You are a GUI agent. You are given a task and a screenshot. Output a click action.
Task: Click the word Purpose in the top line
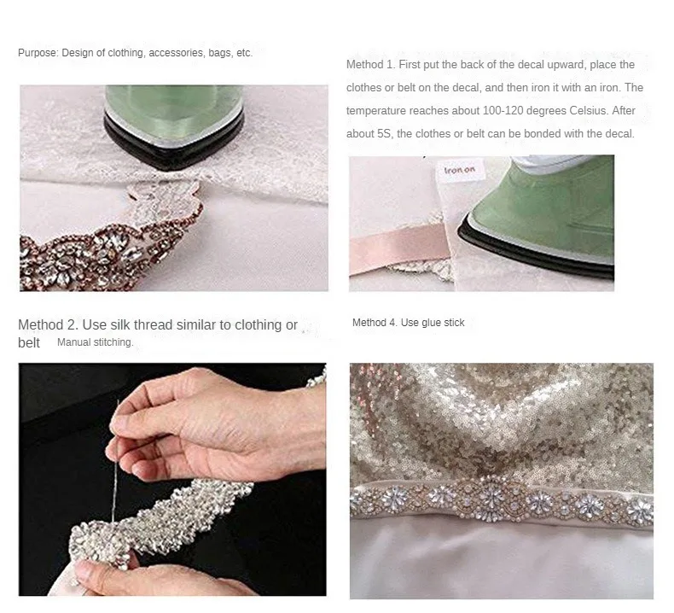pyautogui.click(x=38, y=53)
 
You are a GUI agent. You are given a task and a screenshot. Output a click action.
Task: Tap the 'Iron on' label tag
pyautogui.click(x=460, y=170)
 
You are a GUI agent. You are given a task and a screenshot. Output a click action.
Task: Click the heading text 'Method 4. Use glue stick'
pyautogui.click(x=409, y=323)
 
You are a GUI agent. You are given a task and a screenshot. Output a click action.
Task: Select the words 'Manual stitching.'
pyautogui.click(x=96, y=342)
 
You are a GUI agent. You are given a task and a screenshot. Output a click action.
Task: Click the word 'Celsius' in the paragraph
pyautogui.click(x=589, y=110)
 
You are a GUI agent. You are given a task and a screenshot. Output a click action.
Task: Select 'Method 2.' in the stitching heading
pyautogui.click(x=47, y=324)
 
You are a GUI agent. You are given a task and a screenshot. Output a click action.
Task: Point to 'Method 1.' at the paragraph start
pyautogui.click(x=370, y=65)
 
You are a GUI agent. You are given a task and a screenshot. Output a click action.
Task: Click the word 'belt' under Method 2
pyautogui.click(x=29, y=343)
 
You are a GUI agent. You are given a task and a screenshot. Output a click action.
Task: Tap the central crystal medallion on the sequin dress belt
pyautogui.click(x=491, y=499)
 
